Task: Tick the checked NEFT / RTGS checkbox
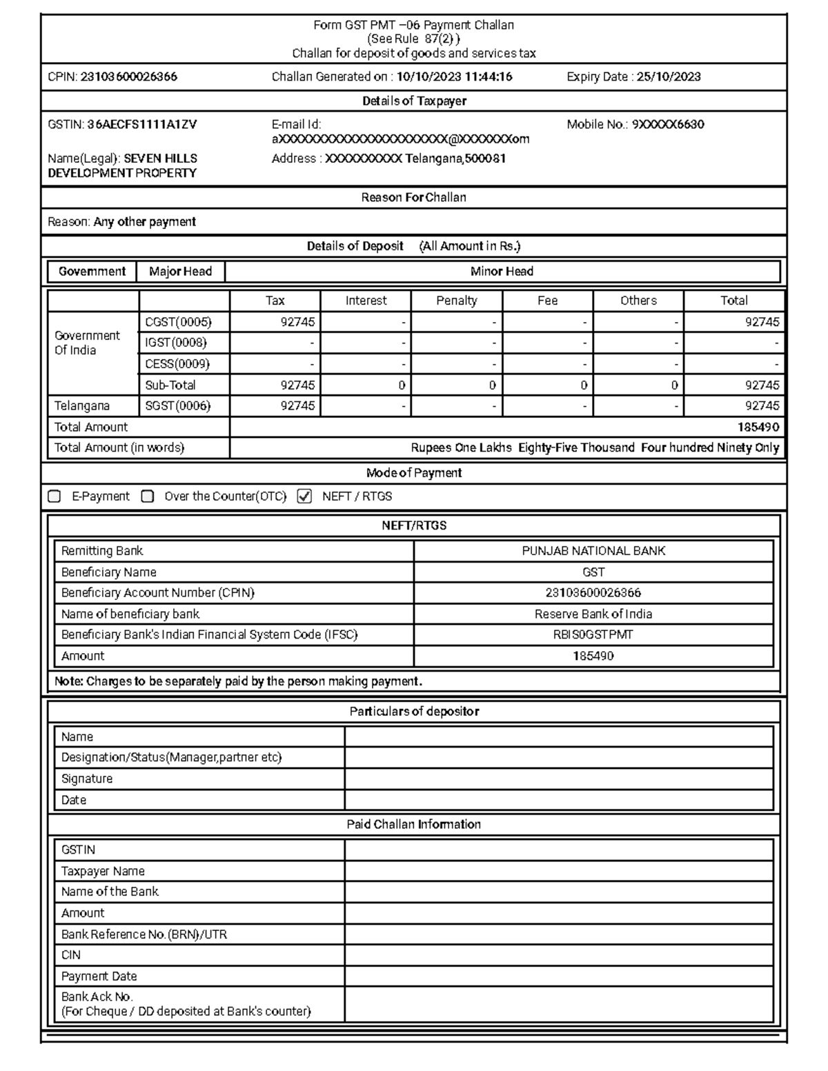(304, 497)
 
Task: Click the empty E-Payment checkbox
(55, 497)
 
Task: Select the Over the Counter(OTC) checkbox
(147, 497)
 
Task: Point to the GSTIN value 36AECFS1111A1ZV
(141, 125)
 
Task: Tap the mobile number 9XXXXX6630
(668, 125)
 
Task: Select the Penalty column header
(456, 301)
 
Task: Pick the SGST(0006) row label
(177, 406)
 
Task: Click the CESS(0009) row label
(177, 364)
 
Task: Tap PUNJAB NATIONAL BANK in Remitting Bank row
(593, 551)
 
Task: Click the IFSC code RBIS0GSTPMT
(593, 634)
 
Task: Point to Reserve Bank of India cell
(593, 614)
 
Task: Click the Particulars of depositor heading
(414, 711)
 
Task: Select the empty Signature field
(559, 779)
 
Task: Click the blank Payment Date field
(559, 976)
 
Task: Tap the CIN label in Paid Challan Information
(71, 955)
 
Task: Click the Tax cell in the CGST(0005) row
(276, 322)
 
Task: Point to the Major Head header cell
(181, 272)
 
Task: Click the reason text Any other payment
(144, 222)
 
